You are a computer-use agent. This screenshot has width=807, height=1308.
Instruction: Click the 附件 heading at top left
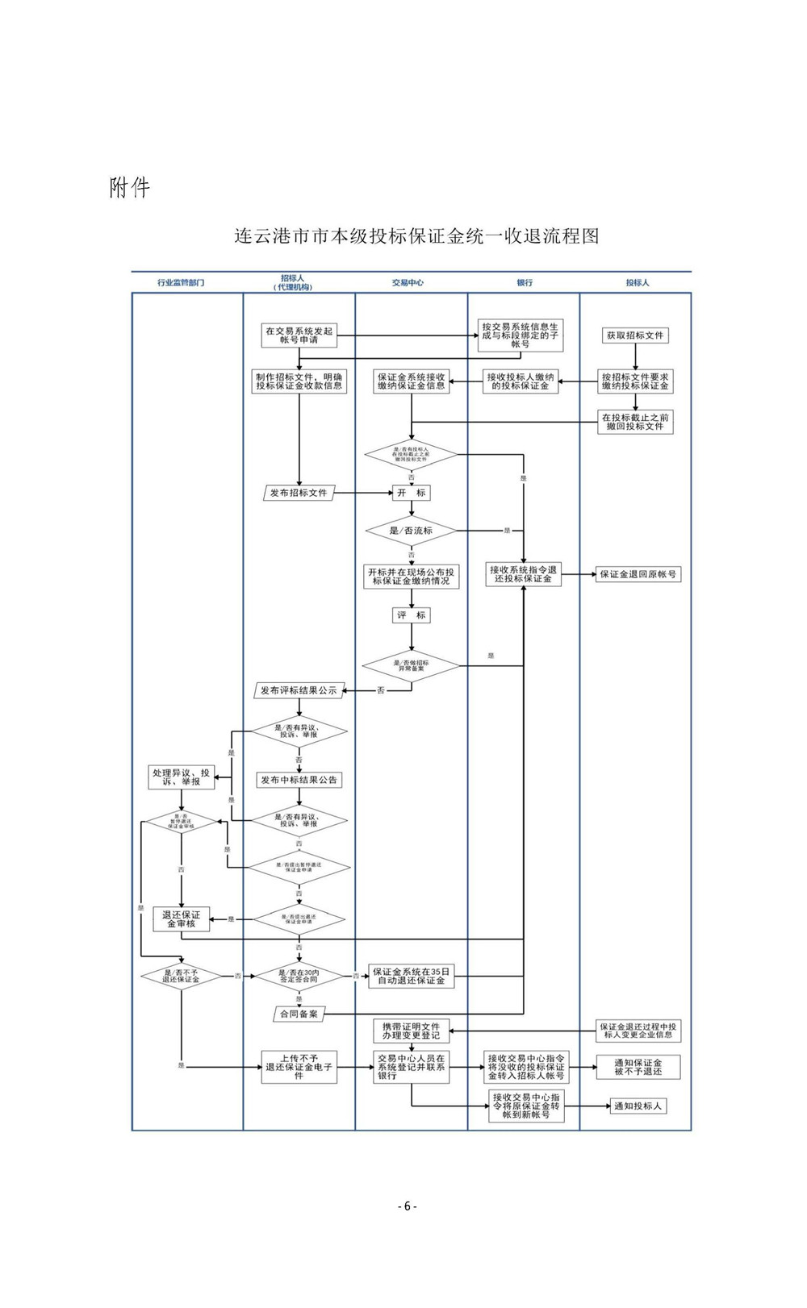click(x=130, y=188)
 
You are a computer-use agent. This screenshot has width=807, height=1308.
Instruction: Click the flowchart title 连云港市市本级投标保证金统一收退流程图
click(x=416, y=236)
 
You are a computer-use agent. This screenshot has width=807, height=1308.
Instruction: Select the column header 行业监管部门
click(x=181, y=283)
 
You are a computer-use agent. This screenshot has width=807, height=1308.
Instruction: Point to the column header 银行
click(x=525, y=283)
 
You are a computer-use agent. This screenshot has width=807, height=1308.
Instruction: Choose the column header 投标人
click(x=638, y=283)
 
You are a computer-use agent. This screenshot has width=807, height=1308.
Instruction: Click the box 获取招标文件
click(x=635, y=335)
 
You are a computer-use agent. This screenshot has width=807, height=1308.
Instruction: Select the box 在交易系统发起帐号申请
click(x=299, y=335)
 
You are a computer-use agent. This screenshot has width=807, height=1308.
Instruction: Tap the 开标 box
click(x=412, y=493)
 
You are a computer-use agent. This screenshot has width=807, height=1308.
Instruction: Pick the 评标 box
click(x=412, y=615)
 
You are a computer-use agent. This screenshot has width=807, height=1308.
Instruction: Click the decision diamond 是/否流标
click(x=412, y=531)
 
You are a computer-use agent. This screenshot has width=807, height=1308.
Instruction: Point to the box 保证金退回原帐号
click(x=638, y=575)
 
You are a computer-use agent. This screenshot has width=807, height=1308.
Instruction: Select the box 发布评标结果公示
click(x=299, y=690)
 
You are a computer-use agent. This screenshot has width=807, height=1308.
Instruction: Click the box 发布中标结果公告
click(x=299, y=780)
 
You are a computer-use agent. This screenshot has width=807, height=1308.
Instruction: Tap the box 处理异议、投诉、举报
click(x=182, y=777)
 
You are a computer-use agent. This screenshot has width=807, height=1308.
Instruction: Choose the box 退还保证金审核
click(x=182, y=919)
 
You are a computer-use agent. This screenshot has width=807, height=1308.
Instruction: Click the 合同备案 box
click(x=299, y=1014)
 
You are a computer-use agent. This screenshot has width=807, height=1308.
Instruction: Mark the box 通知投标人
click(x=638, y=1106)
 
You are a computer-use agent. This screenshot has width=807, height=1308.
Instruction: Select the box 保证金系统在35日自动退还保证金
click(x=412, y=977)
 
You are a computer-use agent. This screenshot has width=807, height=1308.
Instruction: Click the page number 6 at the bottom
click(x=407, y=1206)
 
